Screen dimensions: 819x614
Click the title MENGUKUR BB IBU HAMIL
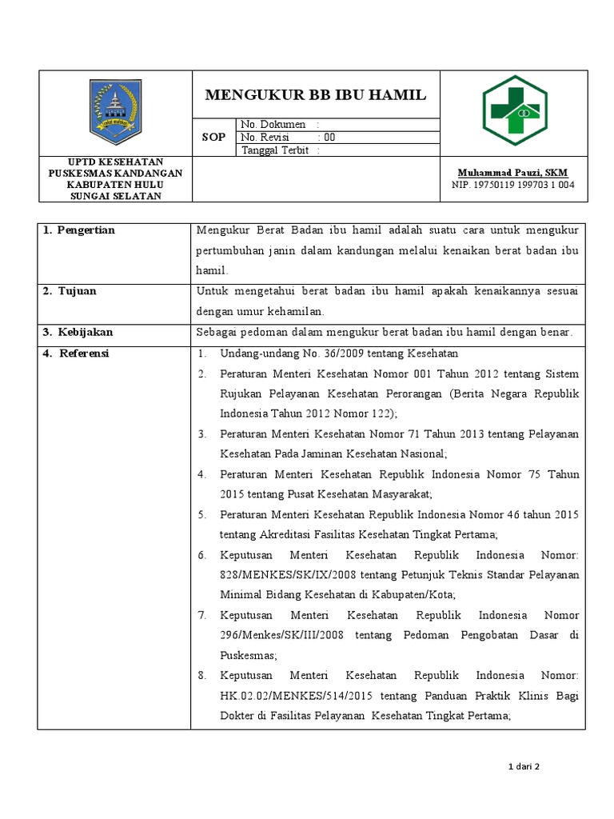point(316,95)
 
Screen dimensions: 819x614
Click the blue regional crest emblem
point(115,112)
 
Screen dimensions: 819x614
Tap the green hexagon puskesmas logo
point(514,112)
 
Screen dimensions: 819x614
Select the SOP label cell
point(213,138)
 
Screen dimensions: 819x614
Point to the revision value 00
point(329,138)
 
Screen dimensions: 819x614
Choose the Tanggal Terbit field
point(281,150)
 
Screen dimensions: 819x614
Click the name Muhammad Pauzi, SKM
point(512,173)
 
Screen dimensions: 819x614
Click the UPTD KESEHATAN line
point(115,162)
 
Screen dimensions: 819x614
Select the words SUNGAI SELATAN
point(115,196)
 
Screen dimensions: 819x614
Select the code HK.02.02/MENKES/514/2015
point(297,696)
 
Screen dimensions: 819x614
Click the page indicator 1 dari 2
point(525,767)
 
